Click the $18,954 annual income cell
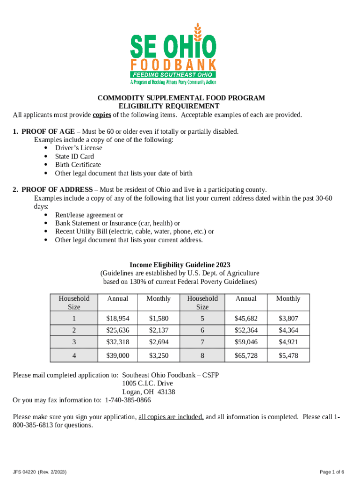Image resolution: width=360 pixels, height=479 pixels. click(118, 319)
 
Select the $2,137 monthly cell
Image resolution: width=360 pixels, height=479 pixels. click(158, 330)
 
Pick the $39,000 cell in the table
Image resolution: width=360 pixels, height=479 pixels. click(118, 356)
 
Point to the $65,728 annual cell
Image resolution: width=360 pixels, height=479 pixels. click(246, 356)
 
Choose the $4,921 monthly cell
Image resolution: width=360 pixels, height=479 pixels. click(288, 342)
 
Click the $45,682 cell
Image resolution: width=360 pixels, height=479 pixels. click(246, 319)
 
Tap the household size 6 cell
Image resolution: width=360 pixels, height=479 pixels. click(202, 330)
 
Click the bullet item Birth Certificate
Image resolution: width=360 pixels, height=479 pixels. click(78, 165)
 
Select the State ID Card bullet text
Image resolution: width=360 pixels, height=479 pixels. click(74, 156)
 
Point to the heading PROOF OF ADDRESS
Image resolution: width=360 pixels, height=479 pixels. click(57, 189)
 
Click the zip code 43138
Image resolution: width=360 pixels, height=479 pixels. click(166, 392)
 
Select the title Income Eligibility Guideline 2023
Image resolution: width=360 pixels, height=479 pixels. click(180, 265)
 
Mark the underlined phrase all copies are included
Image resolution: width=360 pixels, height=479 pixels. click(171, 417)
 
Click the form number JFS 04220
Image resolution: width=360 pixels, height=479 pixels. click(26, 472)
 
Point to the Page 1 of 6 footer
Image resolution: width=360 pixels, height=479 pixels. click(332, 472)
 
